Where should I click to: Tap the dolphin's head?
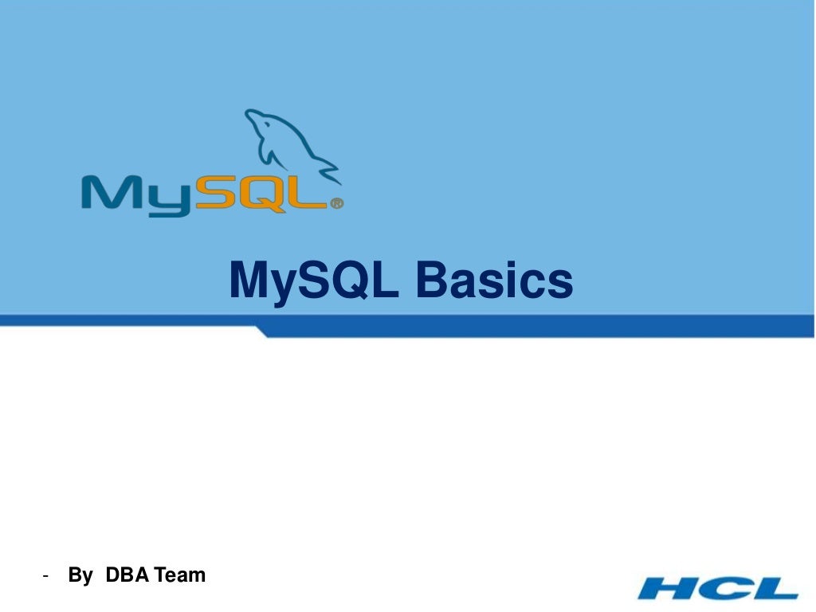click(x=259, y=122)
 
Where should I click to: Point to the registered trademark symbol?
click(x=336, y=203)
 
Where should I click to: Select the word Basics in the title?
click(x=494, y=280)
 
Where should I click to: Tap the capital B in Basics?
click(x=432, y=280)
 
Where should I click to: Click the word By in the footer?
click(x=80, y=575)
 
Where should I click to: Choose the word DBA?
click(x=128, y=575)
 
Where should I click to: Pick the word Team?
click(x=180, y=575)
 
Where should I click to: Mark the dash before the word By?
click(x=46, y=575)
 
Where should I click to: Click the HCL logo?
click(x=718, y=587)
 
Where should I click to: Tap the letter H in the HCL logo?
click(x=669, y=587)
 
